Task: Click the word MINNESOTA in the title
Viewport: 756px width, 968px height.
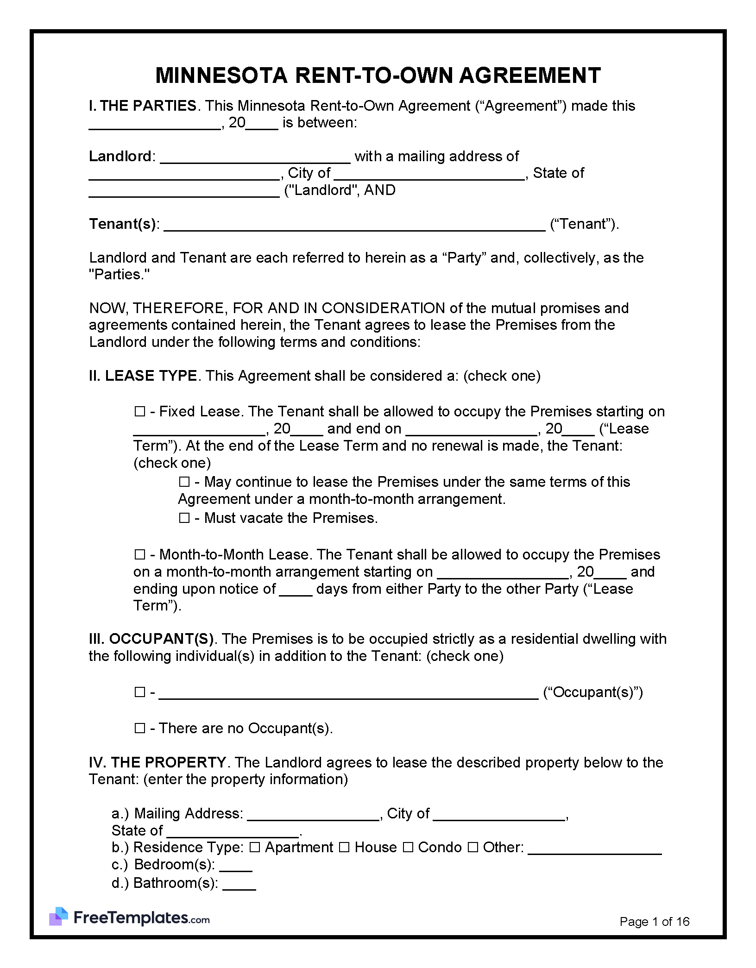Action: point(221,76)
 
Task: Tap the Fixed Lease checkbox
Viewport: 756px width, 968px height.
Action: point(139,411)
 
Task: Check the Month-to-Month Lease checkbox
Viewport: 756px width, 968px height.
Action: point(139,554)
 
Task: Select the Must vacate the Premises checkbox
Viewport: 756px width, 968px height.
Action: point(184,518)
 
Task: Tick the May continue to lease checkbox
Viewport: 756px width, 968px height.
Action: point(184,482)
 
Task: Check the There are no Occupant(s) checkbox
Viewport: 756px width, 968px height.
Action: point(139,728)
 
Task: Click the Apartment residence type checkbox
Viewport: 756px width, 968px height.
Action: point(255,847)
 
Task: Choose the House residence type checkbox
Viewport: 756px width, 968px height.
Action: point(344,847)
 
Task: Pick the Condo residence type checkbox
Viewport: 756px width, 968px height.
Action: point(408,847)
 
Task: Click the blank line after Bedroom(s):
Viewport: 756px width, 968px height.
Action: point(235,866)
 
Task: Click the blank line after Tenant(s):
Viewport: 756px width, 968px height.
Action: point(354,226)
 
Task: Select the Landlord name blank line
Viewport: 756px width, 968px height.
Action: point(255,158)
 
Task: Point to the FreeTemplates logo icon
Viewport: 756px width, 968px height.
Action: point(58,917)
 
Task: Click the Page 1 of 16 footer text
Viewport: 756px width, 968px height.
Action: point(654,922)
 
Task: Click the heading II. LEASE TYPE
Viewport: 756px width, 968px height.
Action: point(143,376)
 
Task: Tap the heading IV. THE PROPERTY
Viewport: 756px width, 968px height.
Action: point(157,762)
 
